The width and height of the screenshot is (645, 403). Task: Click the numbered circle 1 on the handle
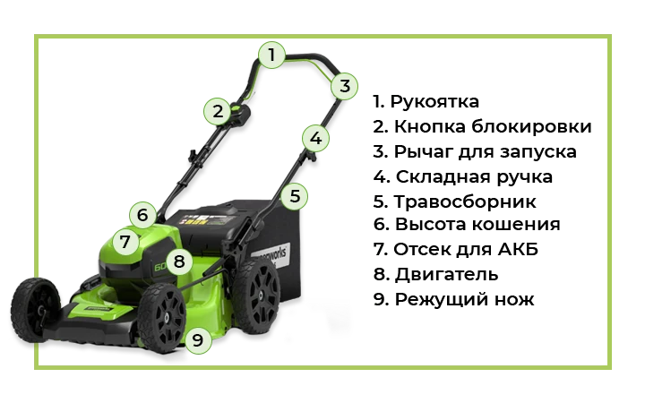(271, 55)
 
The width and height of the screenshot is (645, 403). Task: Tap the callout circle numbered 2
(218, 111)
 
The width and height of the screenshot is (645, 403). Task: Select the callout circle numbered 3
(344, 86)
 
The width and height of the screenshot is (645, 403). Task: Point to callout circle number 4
(315, 138)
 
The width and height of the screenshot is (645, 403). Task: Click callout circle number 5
(295, 196)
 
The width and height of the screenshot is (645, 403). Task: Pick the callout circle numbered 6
(142, 215)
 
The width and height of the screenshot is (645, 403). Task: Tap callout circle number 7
(125, 241)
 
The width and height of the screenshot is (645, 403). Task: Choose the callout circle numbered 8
(179, 262)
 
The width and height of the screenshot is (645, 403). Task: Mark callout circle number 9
(198, 340)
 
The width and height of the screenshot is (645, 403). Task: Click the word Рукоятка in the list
(434, 101)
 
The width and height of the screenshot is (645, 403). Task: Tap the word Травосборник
(465, 201)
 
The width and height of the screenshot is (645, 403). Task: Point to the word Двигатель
(446, 274)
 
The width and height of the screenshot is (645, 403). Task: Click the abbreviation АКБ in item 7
(519, 249)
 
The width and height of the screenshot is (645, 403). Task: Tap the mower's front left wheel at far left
(35, 310)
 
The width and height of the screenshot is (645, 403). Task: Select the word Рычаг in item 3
(423, 152)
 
